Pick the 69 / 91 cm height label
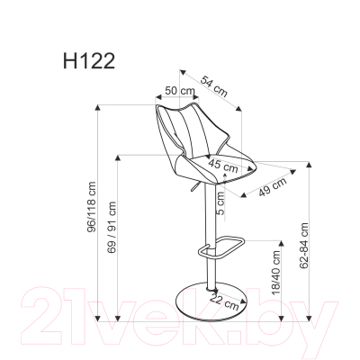pos(112,239)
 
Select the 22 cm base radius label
pos(229,303)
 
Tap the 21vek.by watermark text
pos(180,315)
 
